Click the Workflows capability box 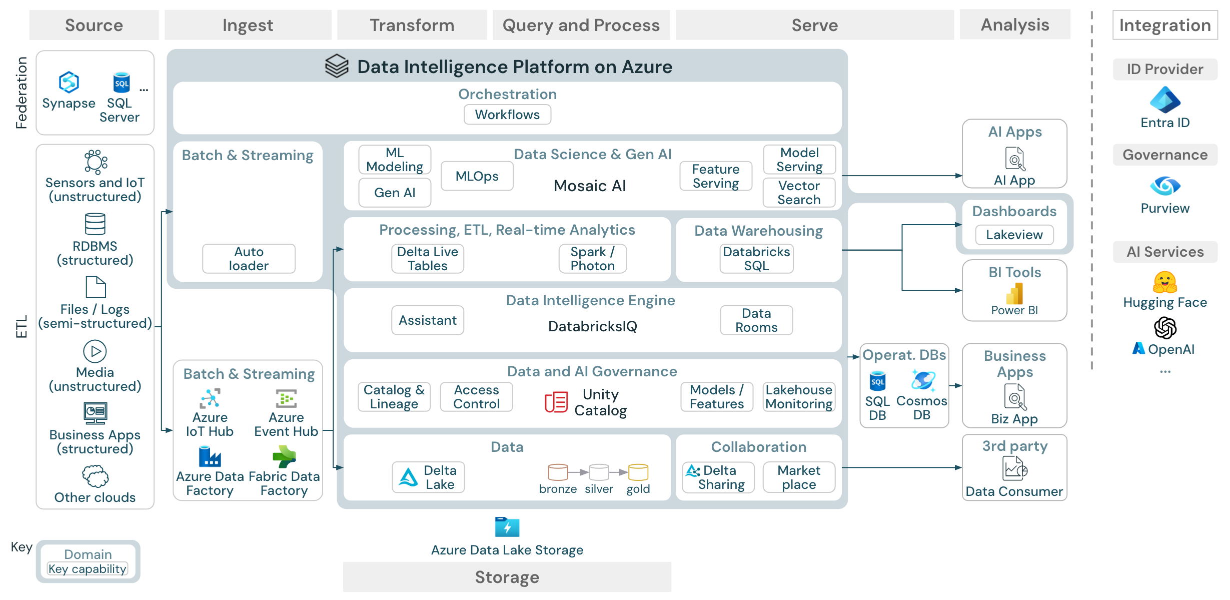coord(507,115)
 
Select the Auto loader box coord(249,259)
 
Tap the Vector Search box coord(799,193)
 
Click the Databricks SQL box coord(756,259)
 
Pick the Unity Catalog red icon coord(556,402)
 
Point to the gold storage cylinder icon coord(638,472)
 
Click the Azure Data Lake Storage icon coord(507,527)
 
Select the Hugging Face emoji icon coord(1165,283)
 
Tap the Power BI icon coord(1014,294)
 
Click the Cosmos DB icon coord(922,381)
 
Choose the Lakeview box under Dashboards coord(1014,235)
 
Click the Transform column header coord(412,25)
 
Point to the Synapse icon coord(69,83)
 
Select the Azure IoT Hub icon coord(210,399)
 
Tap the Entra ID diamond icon coord(1165,100)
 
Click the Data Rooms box coord(756,320)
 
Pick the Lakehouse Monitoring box coord(799,397)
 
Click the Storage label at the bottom coord(507,577)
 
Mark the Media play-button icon coord(95,351)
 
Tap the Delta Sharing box coord(718,477)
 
